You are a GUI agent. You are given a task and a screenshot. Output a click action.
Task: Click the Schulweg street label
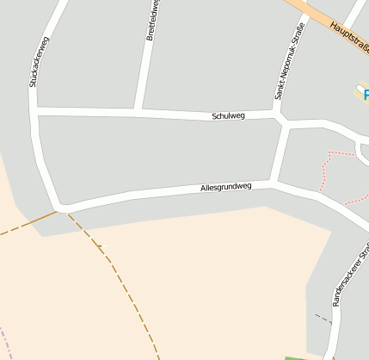coord(228,115)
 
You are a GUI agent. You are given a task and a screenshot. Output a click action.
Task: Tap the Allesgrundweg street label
coord(225,186)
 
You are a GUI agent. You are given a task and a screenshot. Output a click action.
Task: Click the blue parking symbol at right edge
coord(365,93)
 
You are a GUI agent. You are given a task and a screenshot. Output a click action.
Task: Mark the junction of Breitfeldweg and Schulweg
coord(137,110)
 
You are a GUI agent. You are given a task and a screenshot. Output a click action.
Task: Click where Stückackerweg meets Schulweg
coord(34,109)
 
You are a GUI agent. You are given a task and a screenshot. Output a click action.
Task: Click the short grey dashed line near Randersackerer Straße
coord(322,318)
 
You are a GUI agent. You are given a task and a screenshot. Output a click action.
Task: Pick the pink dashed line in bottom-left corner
coord(3,340)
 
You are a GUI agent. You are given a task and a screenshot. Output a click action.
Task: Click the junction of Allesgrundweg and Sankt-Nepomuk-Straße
coord(274,182)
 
